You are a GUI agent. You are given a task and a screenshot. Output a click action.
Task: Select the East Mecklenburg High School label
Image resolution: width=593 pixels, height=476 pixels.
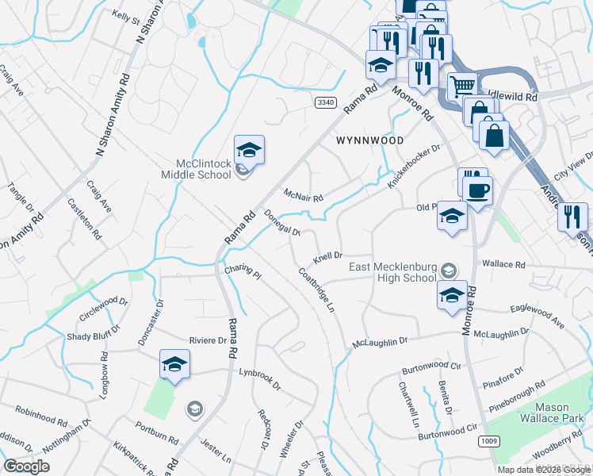(x=393, y=272)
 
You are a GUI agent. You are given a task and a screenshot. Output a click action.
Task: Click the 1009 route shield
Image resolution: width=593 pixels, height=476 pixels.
(x=489, y=440)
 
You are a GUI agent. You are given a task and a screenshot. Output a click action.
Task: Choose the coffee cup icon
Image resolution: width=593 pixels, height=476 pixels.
(x=478, y=190)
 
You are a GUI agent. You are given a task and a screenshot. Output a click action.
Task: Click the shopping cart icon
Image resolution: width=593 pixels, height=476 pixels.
(x=462, y=84)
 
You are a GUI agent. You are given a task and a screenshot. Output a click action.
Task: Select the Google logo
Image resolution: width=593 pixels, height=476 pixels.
(x=26, y=466)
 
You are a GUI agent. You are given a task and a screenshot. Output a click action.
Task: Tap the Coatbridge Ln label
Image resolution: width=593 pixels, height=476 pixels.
(x=316, y=289)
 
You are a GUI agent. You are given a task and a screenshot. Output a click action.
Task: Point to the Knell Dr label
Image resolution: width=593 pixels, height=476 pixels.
(x=327, y=258)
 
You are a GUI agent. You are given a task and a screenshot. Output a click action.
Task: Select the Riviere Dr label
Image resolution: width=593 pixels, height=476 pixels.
(x=208, y=341)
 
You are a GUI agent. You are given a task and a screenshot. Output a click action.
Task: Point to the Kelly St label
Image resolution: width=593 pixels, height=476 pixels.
(x=125, y=15)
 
